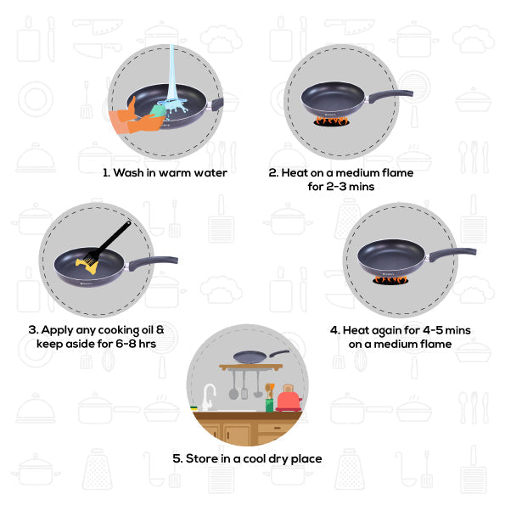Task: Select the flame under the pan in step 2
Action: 332,121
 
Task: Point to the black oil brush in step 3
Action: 109,243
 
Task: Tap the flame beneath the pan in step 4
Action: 393,278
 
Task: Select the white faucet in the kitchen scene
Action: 208,396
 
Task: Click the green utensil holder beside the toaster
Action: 269,403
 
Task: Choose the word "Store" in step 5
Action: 204,458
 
